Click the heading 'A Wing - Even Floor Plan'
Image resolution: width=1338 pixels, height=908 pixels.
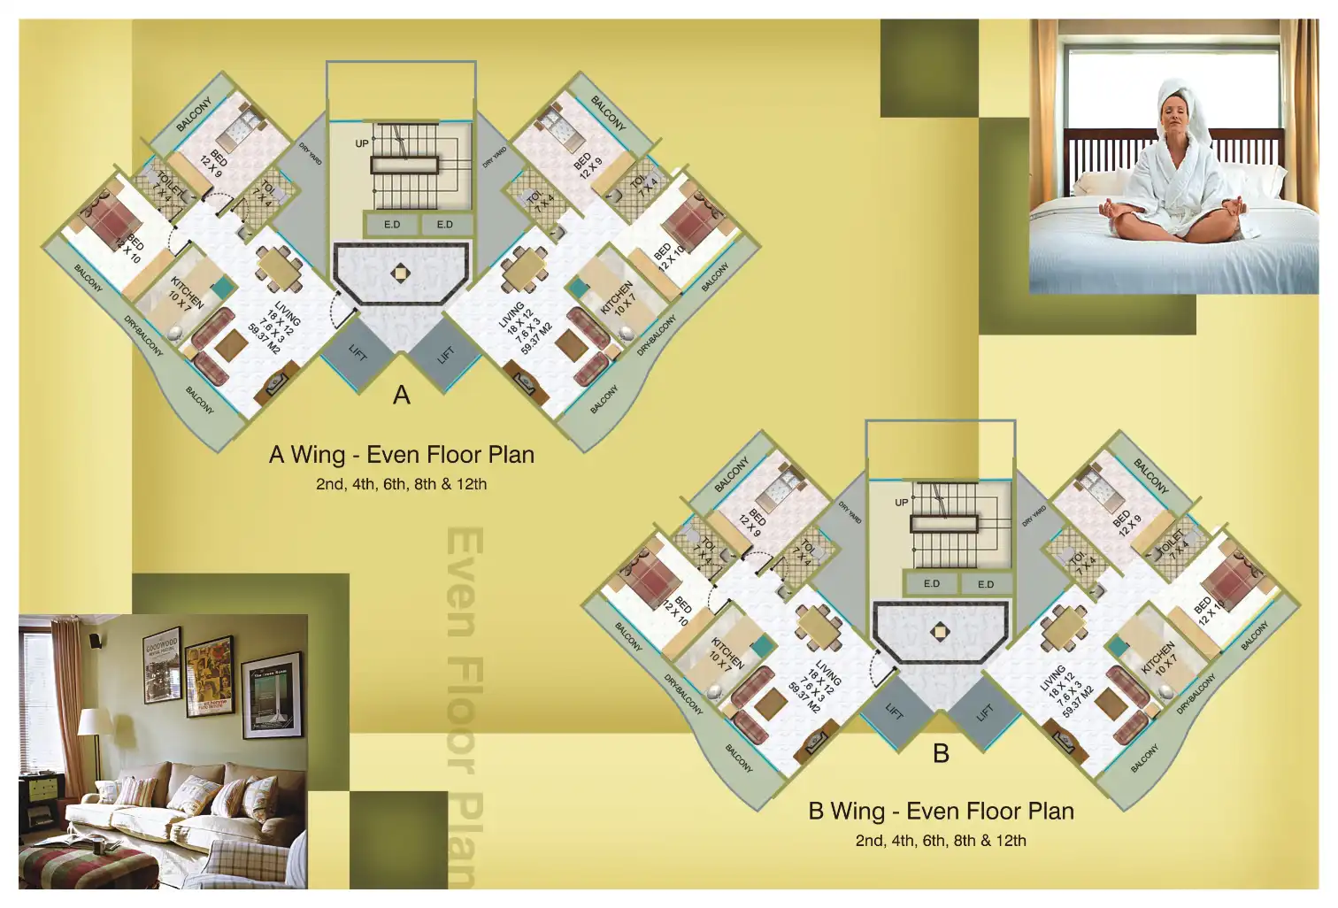click(x=402, y=455)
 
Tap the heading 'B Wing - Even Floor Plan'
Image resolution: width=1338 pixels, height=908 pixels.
click(x=941, y=812)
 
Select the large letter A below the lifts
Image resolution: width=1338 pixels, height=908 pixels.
click(x=402, y=395)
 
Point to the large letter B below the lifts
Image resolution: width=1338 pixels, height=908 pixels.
click(x=941, y=753)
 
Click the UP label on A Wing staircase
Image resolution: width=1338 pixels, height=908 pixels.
click(x=362, y=143)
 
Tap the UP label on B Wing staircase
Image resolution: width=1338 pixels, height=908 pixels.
click(x=901, y=503)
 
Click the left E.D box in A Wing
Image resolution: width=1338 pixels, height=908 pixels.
click(x=392, y=225)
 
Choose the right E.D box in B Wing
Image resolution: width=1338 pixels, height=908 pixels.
click(x=986, y=584)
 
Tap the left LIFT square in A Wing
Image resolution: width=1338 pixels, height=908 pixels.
click(x=357, y=353)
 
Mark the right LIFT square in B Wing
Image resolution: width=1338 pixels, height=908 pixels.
click(x=985, y=712)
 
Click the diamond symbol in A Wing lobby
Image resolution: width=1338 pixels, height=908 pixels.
click(x=401, y=273)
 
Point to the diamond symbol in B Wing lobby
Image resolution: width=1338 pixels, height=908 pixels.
click(x=940, y=632)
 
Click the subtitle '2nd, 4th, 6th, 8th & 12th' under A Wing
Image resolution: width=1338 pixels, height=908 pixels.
click(x=402, y=484)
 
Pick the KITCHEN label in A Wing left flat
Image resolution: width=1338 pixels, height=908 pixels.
click(x=188, y=292)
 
